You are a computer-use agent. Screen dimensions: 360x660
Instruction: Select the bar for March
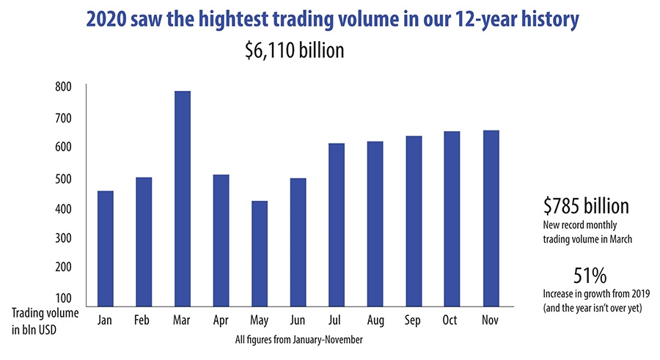point(182,199)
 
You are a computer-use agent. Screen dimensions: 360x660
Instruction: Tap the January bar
point(105,249)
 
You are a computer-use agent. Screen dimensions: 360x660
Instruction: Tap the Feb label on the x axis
point(143,320)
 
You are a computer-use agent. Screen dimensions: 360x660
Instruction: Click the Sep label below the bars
point(414,320)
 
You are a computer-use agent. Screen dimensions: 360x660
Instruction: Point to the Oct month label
point(452,320)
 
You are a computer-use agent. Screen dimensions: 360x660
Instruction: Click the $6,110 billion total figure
point(295,52)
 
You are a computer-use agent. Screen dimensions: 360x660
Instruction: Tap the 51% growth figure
point(590,276)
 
